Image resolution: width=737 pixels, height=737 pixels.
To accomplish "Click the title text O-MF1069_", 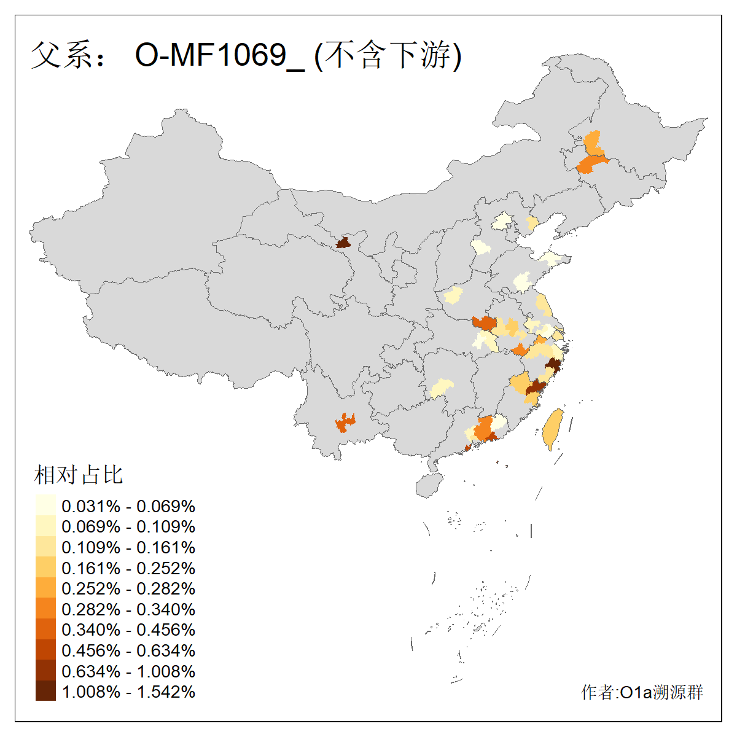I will click(219, 56).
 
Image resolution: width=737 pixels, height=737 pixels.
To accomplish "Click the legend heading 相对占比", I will click(79, 475).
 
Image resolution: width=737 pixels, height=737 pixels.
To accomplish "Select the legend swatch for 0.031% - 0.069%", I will click(45, 506).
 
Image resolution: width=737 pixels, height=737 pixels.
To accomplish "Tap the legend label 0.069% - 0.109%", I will click(128, 527).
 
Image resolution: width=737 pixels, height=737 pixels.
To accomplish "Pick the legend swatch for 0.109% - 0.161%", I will click(45, 547).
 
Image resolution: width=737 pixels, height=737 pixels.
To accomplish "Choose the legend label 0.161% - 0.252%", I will click(128, 568).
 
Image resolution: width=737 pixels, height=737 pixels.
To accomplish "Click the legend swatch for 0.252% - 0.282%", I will click(45, 588).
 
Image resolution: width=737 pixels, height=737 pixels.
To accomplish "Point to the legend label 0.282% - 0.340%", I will click(128, 609).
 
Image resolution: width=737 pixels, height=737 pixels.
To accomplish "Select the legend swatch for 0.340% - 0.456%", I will click(45, 630).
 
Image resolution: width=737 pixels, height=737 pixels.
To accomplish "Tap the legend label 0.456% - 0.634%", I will click(128, 650).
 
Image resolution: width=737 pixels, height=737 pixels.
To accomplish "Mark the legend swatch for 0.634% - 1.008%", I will click(45, 671).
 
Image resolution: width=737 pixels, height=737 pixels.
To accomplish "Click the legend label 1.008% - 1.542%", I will click(128, 692).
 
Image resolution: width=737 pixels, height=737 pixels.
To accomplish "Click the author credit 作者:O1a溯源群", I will click(642, 692).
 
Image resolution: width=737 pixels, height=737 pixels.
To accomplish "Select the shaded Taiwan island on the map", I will click(552, 429).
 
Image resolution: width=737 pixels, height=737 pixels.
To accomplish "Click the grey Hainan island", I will click(429, 485).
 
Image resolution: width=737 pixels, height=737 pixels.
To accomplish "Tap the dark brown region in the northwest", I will click(343, 243).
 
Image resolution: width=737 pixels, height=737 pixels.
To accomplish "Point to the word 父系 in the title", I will click(61, 56).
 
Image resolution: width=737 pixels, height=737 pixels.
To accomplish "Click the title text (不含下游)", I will click(388, 56).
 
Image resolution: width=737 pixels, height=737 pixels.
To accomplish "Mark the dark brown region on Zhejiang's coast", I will click(553, 365).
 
